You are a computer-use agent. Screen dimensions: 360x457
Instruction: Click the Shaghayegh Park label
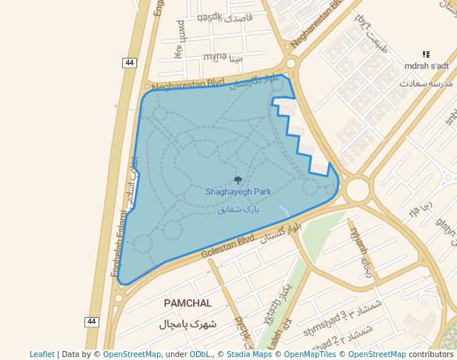(238, 192)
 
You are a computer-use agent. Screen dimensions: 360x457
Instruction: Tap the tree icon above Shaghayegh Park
(238, 180)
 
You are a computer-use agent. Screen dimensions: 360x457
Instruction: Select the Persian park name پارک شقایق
(239, 210)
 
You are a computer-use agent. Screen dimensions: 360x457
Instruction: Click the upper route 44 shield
(130, 63)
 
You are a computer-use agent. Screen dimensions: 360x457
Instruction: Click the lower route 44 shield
(91, 321)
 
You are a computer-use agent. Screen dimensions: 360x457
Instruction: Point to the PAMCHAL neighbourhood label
(187, 304)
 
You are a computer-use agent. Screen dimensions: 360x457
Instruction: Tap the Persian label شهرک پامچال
(187, 324)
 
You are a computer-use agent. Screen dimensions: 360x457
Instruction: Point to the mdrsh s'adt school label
(425, 66)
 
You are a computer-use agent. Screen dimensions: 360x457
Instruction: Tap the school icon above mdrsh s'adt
(426, 54)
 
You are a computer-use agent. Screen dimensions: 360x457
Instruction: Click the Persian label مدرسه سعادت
(424, 82)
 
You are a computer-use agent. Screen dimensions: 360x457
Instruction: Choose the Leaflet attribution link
(42, 355)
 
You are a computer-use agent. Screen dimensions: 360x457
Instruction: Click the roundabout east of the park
(358, 190)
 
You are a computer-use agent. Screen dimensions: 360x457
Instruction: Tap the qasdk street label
(210, 16)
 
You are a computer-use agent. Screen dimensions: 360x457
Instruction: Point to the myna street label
(215, 56)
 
